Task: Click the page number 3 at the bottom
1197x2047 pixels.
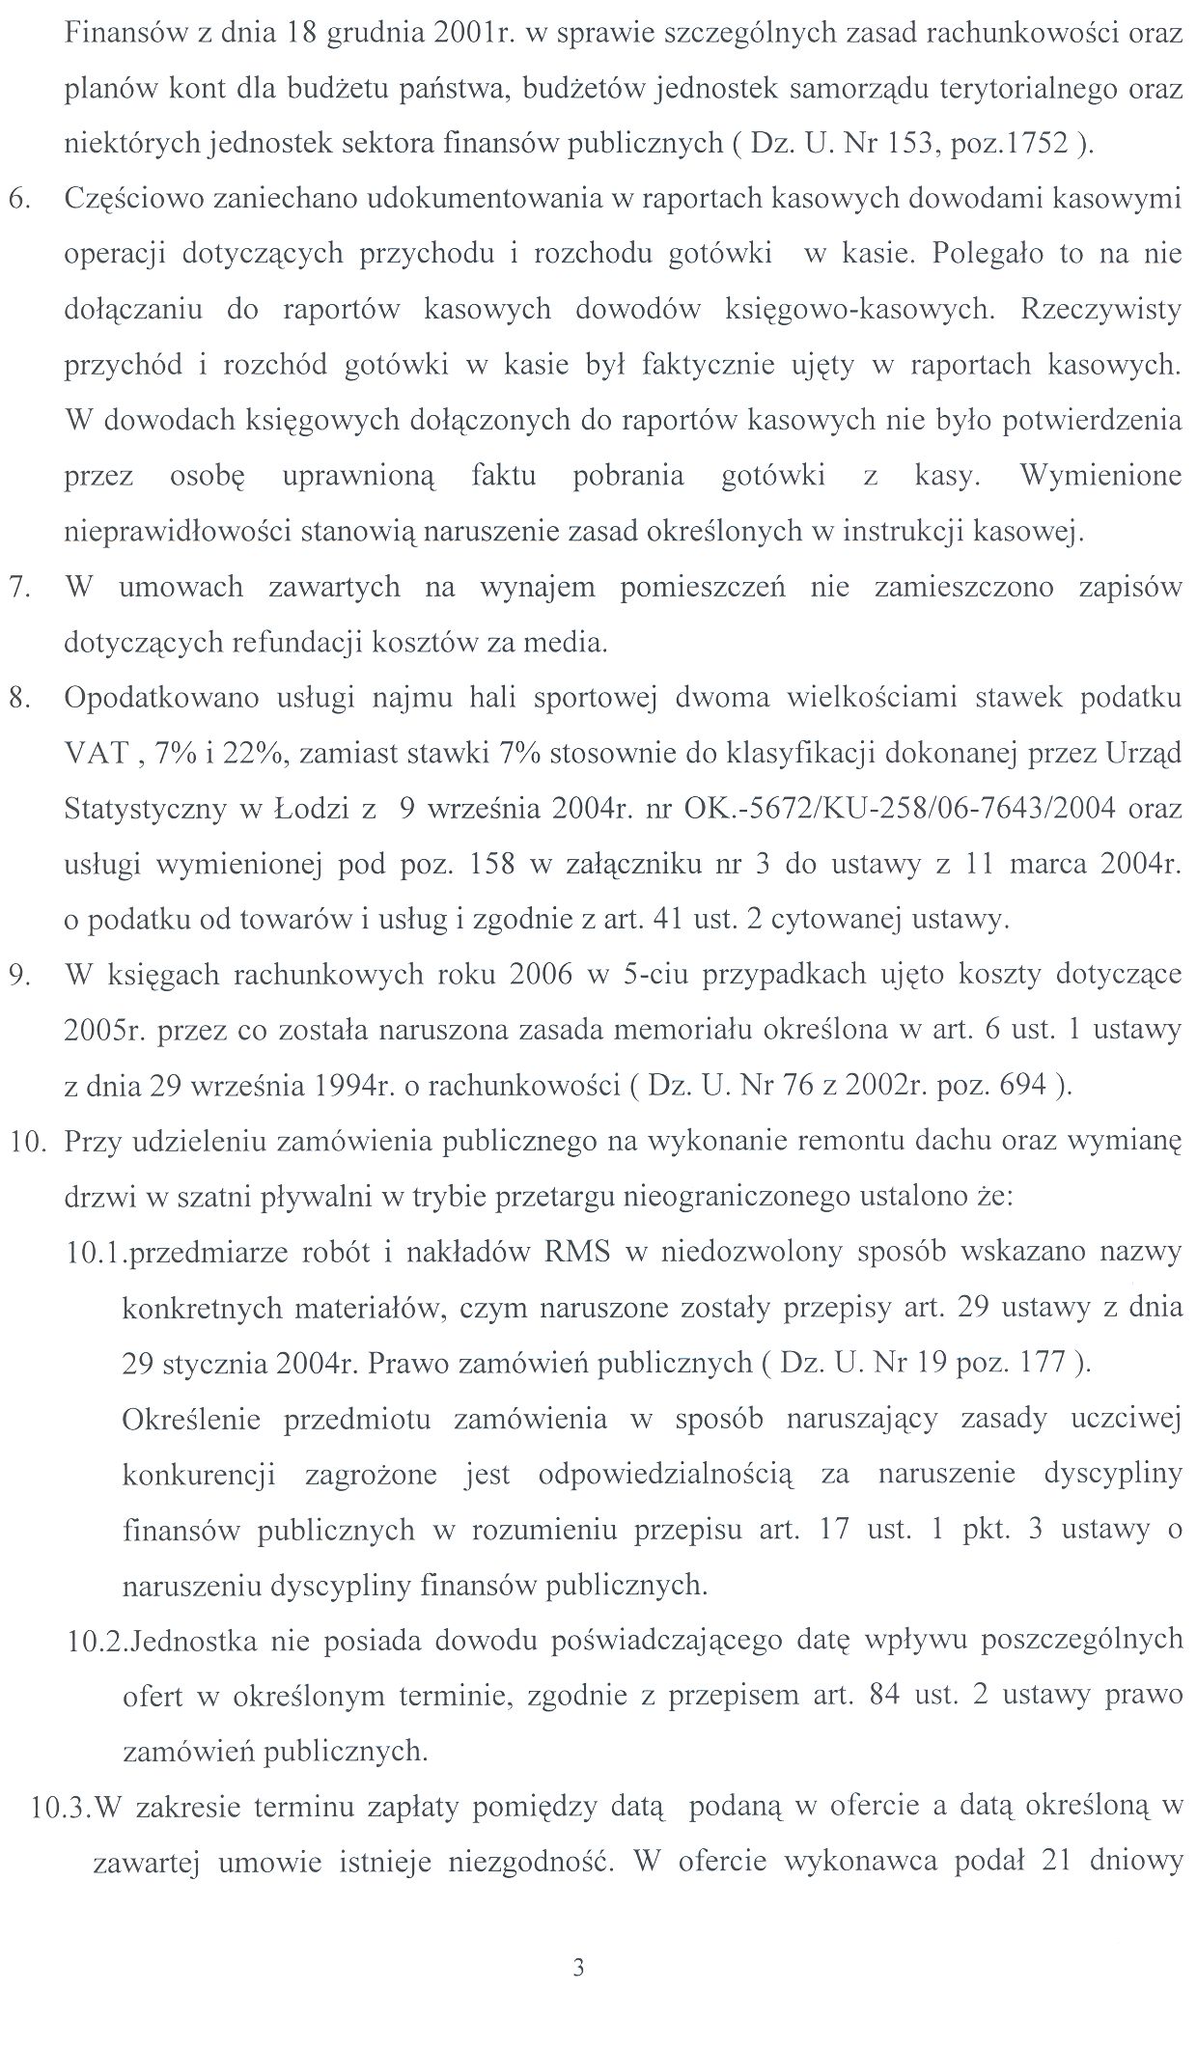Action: (578, 1967)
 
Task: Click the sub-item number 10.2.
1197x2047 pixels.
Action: (97, 1640)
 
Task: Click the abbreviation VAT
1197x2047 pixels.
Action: (95, 753)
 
